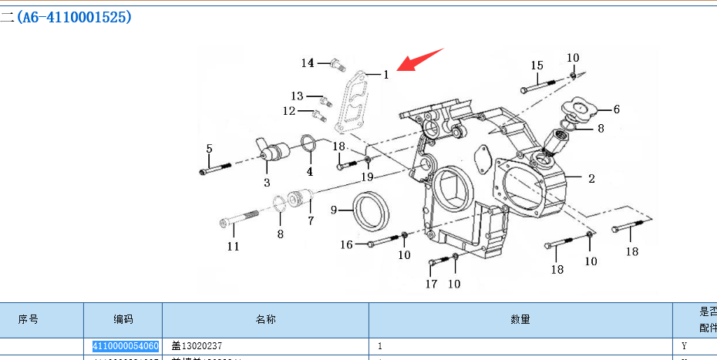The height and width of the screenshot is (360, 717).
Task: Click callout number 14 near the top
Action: point(308,63)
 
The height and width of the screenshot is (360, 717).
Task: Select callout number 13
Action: point(298,96)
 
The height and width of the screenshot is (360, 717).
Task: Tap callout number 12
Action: point(289,111)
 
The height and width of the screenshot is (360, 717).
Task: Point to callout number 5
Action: point(209,148)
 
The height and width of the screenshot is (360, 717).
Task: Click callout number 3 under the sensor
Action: point(267,183)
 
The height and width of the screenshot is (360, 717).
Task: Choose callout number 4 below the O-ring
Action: point(310,171)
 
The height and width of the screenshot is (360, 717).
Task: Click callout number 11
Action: point(233,247)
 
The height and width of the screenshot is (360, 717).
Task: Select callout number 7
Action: point(311,220)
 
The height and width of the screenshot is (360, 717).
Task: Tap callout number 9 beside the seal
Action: point(335,210)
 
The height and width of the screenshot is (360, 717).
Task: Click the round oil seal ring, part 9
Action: point(372,212)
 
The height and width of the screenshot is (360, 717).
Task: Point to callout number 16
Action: point(347,244)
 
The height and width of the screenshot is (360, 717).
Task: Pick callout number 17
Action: point(432,284)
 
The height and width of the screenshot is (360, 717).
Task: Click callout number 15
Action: point(537,66)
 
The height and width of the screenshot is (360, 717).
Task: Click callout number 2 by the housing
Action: point(591,179)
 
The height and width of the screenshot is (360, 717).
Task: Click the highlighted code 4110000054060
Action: point(126,346)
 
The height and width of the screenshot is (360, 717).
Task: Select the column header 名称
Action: point(265,319)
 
